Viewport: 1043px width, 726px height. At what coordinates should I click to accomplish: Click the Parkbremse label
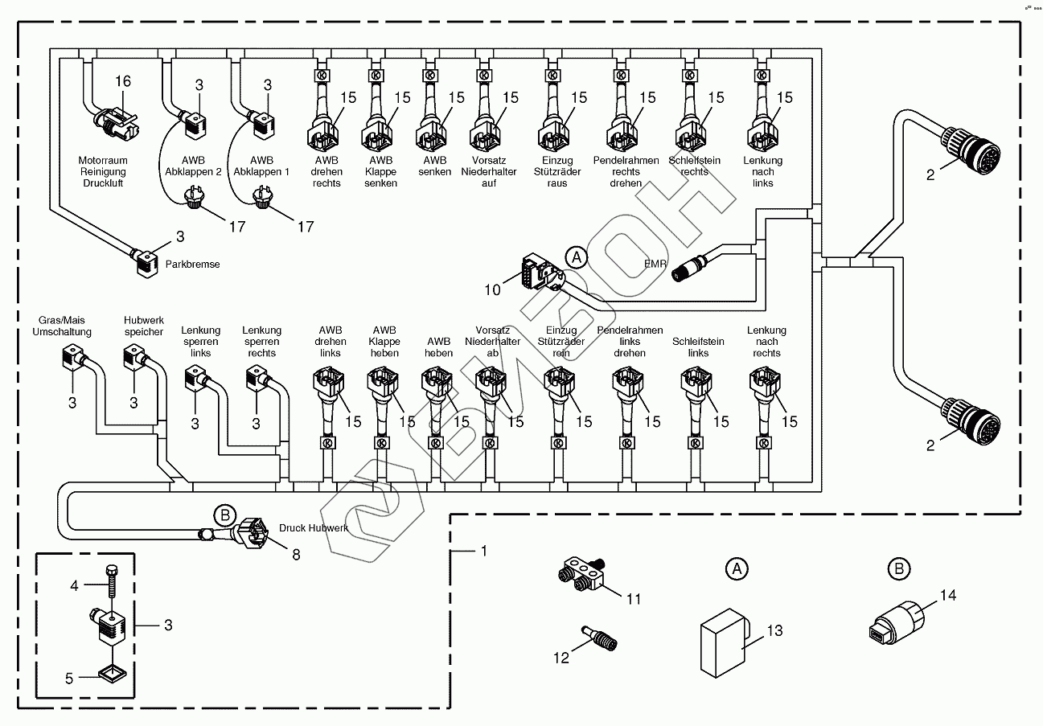tap(192, 264)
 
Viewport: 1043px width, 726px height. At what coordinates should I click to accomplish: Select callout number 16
tap(122, 81)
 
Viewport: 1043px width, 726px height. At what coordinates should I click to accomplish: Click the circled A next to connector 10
tap(575, 257)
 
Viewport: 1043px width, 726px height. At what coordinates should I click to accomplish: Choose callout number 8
tap(296, 554)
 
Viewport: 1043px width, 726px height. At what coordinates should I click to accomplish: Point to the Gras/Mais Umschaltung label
tap(62, 326)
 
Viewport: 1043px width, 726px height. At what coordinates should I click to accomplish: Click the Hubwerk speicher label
tap(144, 326)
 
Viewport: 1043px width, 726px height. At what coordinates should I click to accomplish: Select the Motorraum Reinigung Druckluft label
tap(102, 172)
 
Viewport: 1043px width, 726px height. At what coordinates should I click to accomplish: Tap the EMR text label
tap(655, 263)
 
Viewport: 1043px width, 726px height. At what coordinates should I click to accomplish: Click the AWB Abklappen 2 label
tap(192, 166)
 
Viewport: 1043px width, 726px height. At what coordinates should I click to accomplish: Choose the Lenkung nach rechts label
tap(766, 342)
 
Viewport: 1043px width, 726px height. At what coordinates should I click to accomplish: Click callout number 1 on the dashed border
tap(484, 552)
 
